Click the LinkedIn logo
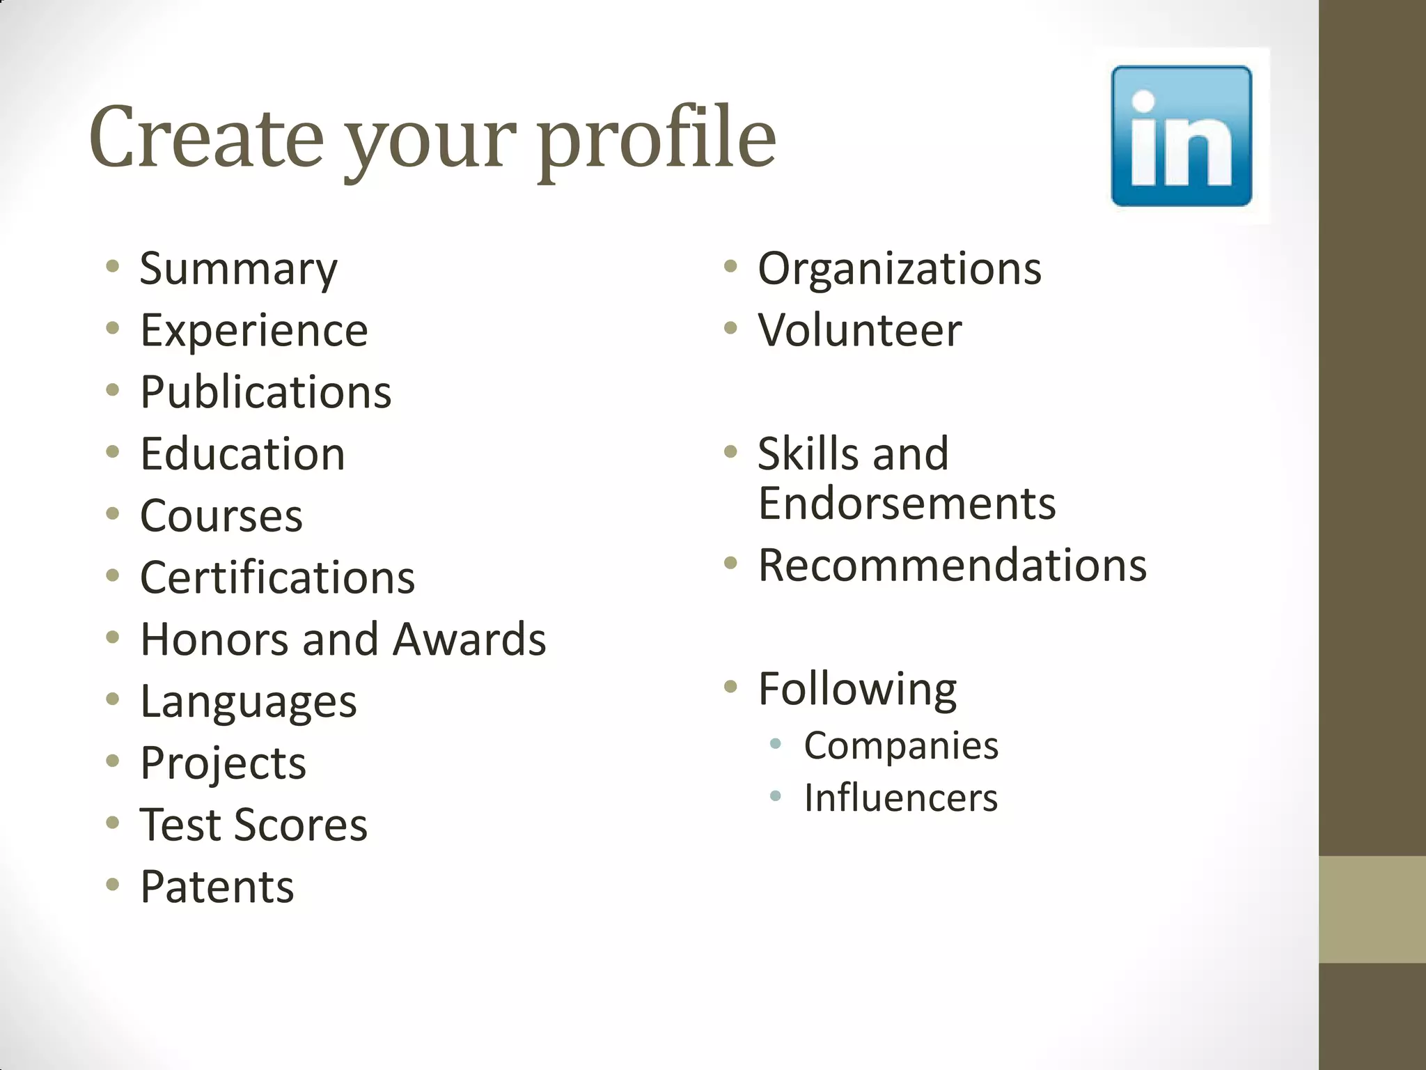pos(1181,136)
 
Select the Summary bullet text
pos(238,269)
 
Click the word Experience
pos(254,330)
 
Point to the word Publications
pos(266,392)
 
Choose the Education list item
pos(242,454)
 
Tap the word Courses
pos(221,516)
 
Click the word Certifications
pos(277,577)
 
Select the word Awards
pos(469,639)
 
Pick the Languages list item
pos(249,701)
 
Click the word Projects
pos(223,763)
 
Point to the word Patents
pos(217,887)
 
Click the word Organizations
pos(900,268)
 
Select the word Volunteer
pos(860,330)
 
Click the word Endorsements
pos(907,503)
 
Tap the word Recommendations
pos(953,565)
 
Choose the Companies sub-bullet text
pos(901,745)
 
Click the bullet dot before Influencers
pos(776,796)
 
